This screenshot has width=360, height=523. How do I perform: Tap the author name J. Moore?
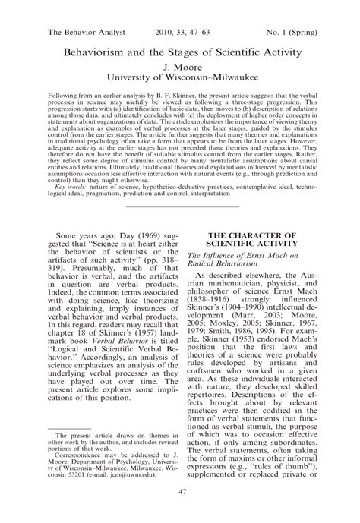[179, 67]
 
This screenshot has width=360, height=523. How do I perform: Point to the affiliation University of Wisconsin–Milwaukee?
[179, 77]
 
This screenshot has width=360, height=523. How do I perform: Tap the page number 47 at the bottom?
[179, 513]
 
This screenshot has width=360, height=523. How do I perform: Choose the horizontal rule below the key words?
[179, 205]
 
